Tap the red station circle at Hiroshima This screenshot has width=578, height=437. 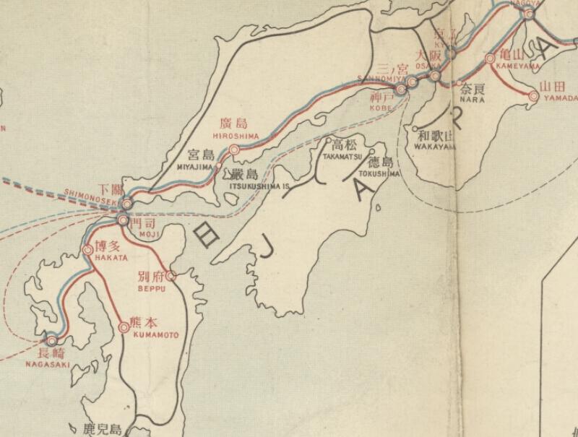(233, 150)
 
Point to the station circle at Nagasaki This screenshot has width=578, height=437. (51, 340)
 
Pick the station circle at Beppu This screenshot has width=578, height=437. (171, 276)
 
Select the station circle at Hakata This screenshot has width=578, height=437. (88, 250)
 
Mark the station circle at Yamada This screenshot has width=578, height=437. (535, 95)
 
